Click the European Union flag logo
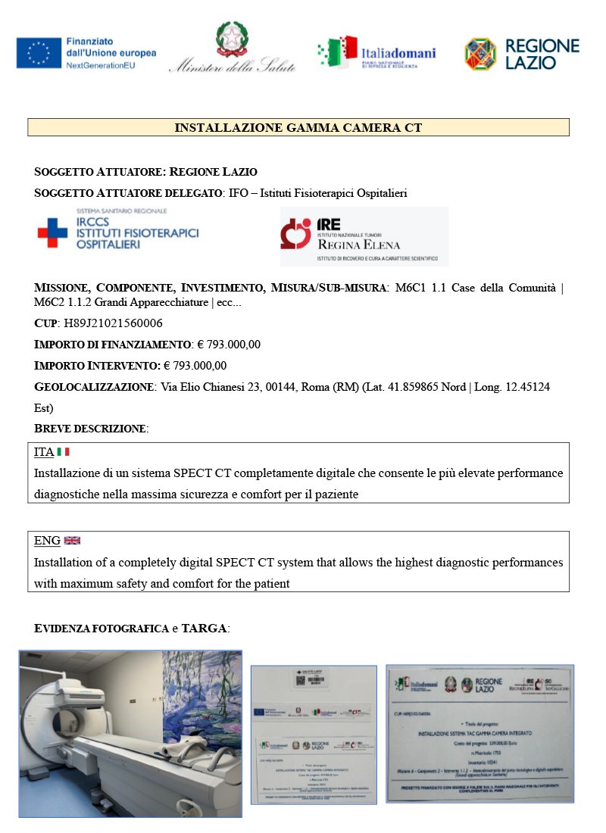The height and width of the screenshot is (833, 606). tap(39, 52)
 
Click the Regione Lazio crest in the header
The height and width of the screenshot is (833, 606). tap(481, 54)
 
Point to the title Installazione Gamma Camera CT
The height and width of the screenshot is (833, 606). tap(298, 128)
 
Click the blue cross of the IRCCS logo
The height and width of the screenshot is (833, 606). tap(52, 232)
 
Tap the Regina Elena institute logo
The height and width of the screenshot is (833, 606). tap(364, 236)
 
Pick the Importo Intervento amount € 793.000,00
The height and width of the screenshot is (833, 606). tap(195, 366)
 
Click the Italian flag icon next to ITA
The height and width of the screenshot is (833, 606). tap(63, 452)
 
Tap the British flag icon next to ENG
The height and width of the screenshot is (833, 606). tap(72, 541)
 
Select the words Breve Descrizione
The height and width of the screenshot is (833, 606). tap(91, 429)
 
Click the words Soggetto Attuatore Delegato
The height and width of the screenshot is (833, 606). tap(129, 193)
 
